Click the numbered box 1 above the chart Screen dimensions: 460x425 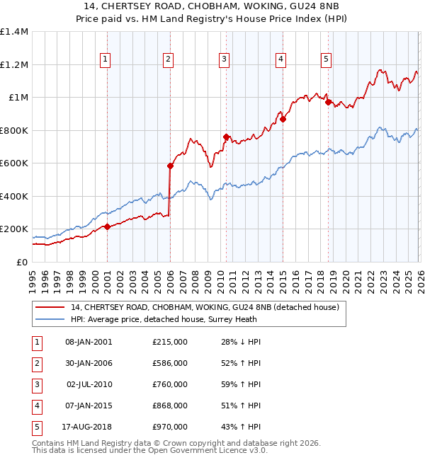[105, 60]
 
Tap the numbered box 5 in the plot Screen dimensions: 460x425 [326, 60]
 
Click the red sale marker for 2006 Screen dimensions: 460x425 [170, 166]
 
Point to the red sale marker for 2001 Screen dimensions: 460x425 [107, 227]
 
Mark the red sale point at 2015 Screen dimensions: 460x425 [283, 120]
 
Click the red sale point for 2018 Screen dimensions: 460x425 [328, 103]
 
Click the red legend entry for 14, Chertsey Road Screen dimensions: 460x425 [205, 307]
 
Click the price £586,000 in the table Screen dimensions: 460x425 [170, 363]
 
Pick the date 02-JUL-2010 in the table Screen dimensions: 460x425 [89, 384]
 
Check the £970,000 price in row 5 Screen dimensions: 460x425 [170, 427]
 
